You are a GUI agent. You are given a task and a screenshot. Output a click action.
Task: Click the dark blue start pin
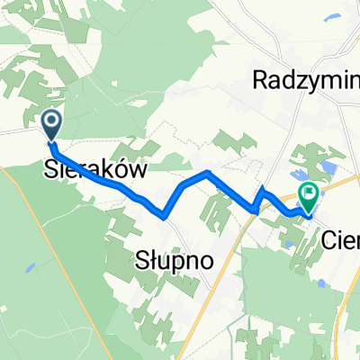tap(51, 123)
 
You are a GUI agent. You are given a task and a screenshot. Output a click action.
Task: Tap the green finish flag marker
tap(309, 193)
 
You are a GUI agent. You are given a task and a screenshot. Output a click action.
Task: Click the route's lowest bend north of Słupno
tap(162, 215)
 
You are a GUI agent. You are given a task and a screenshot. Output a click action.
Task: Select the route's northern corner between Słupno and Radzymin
tap(209, 172)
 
